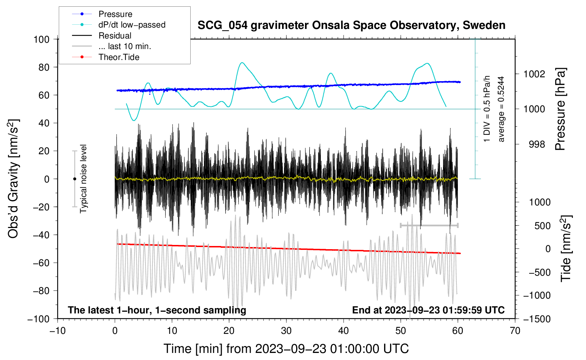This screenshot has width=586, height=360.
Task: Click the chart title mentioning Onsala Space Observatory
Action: pyautogui.click(x=351, y=25)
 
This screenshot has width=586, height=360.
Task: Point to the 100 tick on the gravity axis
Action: pyautogui.click(x=42, y=39)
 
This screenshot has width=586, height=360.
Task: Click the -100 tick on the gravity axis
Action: pyautogui.click(x=39, y=319)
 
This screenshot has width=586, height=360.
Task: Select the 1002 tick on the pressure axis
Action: pyautogui.click(x=534, y=74)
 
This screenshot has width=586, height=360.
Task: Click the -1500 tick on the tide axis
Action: pyautogui.click(x=537, y=319)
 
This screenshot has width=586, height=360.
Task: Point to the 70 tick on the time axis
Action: pyautogui.click(x=515, y=331)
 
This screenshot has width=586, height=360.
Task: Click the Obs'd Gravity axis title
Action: pyautogui.click(x=13, y=179)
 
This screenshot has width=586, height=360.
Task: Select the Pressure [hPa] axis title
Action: pyautogui.click(x=560, y=109)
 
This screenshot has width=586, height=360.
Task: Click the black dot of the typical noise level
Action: pyautogui.click(x=74, y=179)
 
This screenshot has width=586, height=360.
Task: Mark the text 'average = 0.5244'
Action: pyautogui.click(x=501, y=109)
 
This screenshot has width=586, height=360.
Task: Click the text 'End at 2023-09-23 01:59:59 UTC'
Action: pyautogui.click(x=428, y=310)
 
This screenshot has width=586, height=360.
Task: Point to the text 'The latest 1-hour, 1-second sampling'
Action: pyautogui.click(x=157, y=310)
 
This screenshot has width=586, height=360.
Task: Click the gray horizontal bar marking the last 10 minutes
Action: pyautogui.click(x=429, y=225)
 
